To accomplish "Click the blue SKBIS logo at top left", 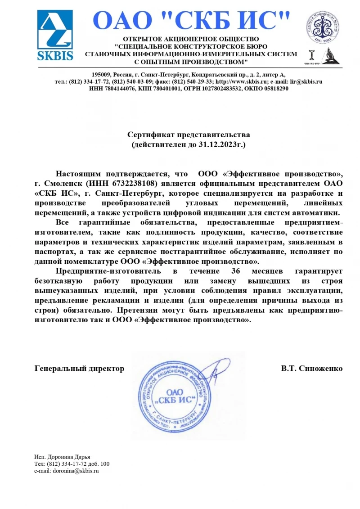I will [x=55, y=35].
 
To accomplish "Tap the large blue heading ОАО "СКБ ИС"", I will [x=191, y=21].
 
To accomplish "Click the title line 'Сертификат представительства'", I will [x=189, y=135].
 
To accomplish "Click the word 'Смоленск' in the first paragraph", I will [x=65, y=183].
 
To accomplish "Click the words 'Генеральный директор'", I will [x=80, y=369].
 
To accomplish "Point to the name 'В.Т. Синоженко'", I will [x=312, y=369].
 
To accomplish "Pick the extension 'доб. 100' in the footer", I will [x=99, y=464].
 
